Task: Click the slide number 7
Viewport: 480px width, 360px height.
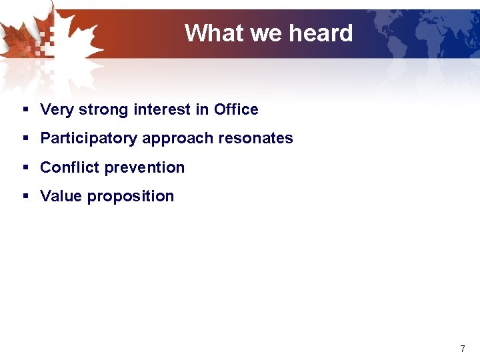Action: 463,349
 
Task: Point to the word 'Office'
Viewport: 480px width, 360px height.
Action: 236,109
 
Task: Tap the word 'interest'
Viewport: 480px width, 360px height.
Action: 162,109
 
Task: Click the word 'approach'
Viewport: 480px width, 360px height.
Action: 174,139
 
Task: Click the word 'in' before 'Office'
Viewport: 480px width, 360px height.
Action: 202,109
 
